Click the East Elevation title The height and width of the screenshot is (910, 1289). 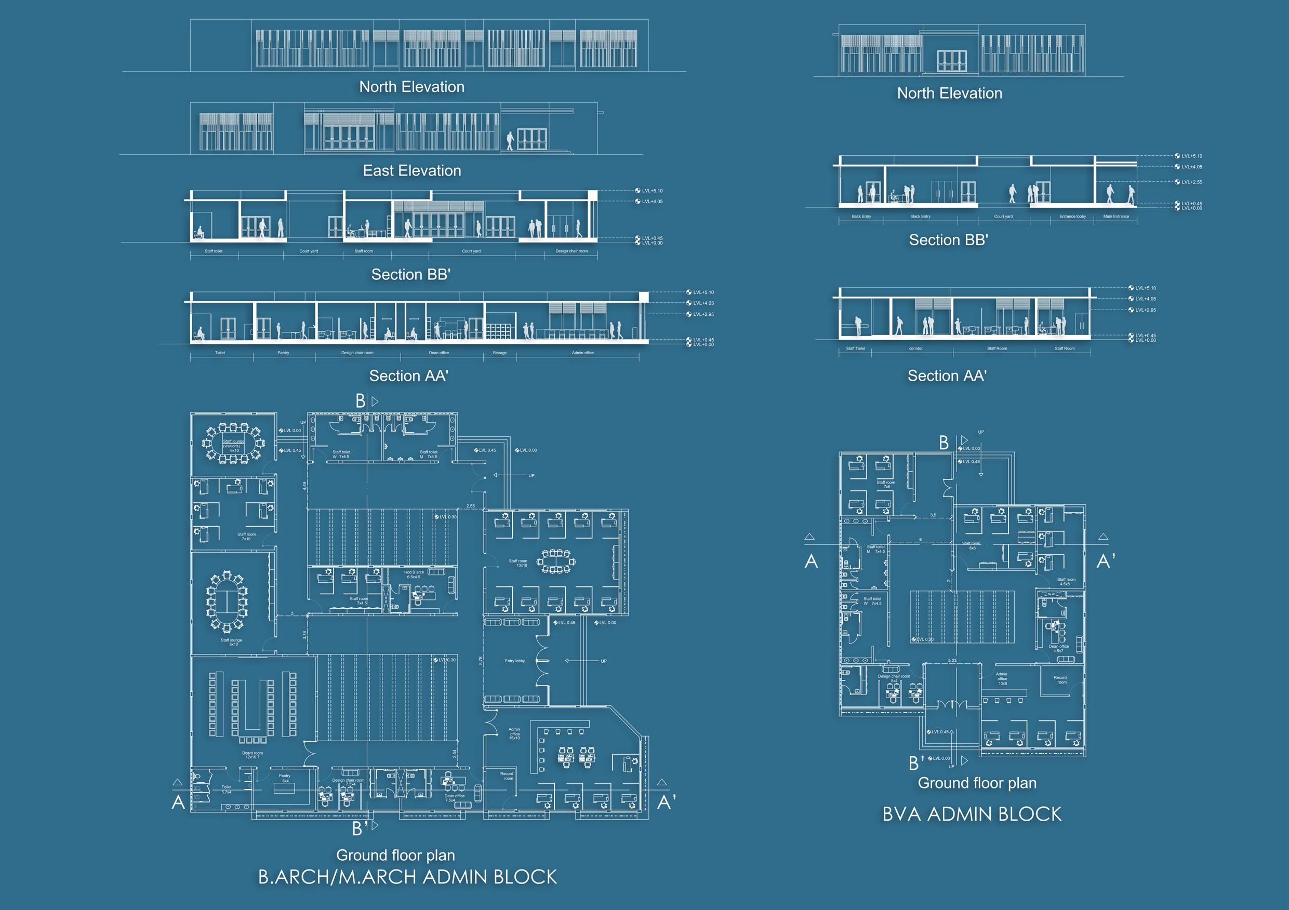click(411, 171)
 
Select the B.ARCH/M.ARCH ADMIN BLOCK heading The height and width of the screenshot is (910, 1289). click(407, 877)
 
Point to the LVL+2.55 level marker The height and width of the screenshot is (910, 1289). click(1191, 182)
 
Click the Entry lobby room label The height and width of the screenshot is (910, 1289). click(514, 661)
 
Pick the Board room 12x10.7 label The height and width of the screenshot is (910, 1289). click(252, 755)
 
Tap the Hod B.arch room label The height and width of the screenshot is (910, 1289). click(414, 574)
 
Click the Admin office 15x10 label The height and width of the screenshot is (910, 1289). click(514, 734)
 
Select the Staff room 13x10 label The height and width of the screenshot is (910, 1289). click(518, 563)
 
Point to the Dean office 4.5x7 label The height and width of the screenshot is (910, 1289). click(1058, 648)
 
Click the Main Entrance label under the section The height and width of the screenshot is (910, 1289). click(1115, 216)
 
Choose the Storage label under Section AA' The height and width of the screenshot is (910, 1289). click(499, 353)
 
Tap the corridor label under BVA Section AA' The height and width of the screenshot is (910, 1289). click(915, 349)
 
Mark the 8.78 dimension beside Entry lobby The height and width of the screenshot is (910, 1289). click(481, 661)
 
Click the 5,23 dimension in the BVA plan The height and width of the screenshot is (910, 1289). click(952, 660)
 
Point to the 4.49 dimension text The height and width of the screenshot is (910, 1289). click(305, 486)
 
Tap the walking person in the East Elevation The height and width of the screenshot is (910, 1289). click(510, 141)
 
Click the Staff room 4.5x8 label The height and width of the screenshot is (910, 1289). click(1066, 582)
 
